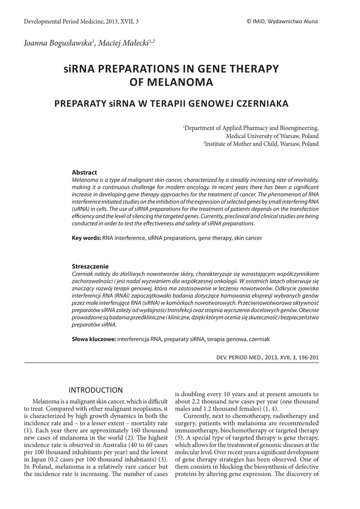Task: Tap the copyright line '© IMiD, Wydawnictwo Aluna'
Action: point(282,21)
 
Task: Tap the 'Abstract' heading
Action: point(85,172)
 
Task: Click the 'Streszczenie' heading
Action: point(90,266)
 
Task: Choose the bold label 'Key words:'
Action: point(87,238)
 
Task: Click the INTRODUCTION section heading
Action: point(95,390)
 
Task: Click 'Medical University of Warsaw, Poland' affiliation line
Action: point(272,136)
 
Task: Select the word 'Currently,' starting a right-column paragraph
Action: point(198,416)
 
